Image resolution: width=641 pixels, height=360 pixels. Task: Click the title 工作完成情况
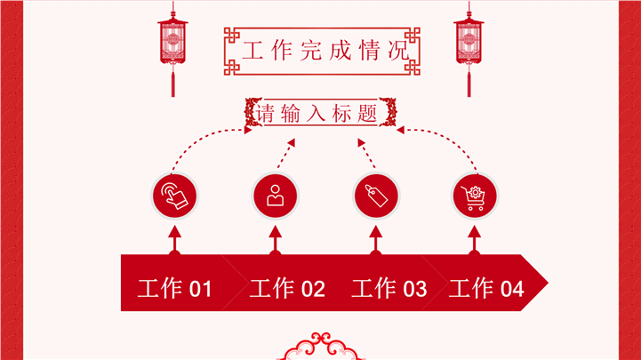point(320,51)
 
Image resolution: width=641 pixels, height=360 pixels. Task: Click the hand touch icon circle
point(174,194)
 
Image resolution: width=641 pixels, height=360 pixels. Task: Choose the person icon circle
point(275,194)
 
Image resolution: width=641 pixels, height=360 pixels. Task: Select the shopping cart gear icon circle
point(474,194)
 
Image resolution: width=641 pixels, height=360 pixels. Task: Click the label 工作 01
point(174,288)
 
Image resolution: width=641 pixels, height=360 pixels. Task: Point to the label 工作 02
point(287,288)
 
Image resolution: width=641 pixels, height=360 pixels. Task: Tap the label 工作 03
point(389,288)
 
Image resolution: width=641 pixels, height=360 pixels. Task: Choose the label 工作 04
point(486,288)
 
